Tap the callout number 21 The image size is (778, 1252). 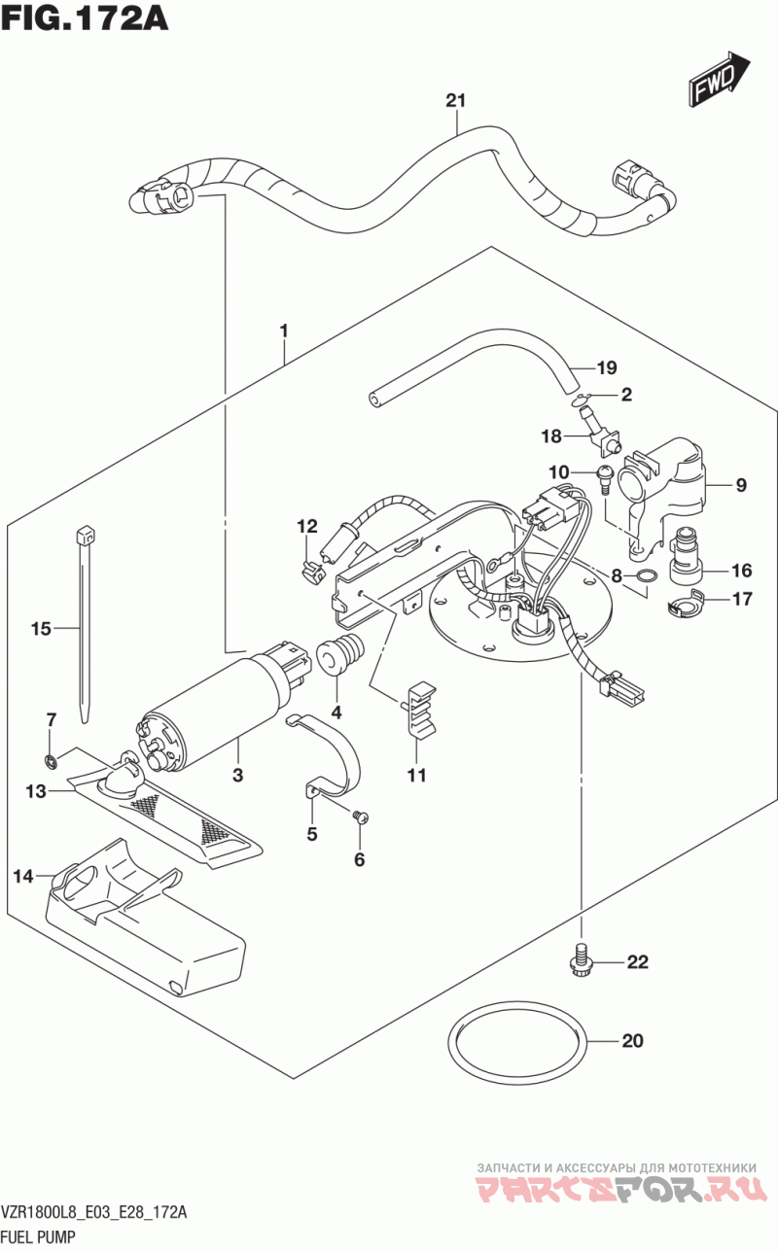[456, 101]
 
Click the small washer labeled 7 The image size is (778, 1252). [52, 760]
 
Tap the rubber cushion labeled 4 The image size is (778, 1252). [340, 653]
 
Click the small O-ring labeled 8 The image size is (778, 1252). [648, 574]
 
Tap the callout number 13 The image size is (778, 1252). [36, 791]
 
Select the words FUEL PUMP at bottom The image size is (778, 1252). [38, 1236]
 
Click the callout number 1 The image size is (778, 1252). [284, 330]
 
